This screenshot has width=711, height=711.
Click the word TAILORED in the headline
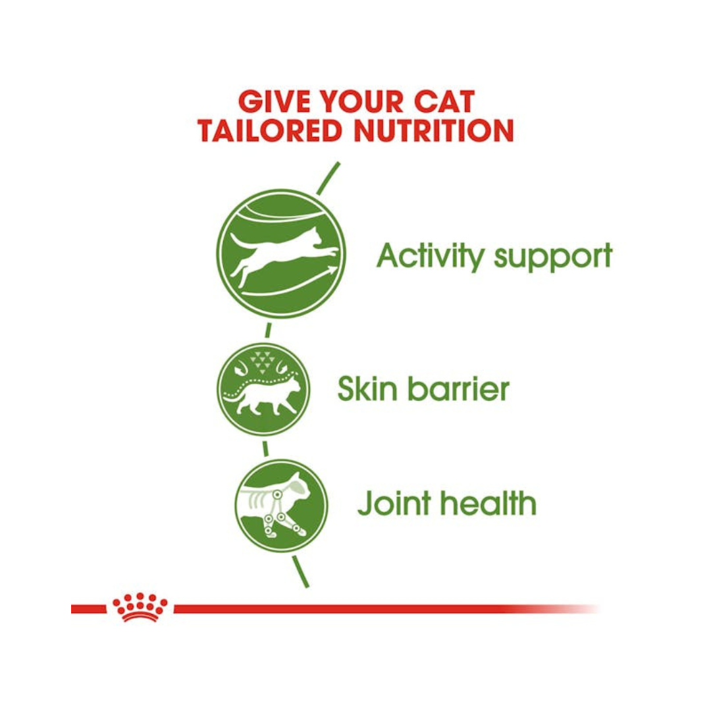[x=270, y=130]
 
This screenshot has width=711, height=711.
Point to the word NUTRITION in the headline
[x=433, y=130]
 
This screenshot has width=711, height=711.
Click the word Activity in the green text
[x=431, y=257]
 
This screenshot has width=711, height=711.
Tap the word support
[x=553, y=257]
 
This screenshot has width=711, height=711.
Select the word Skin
[x=367, y=388]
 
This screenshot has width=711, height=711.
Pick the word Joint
[x=394, y=503]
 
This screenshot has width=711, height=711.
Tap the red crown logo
[x=140, y=607]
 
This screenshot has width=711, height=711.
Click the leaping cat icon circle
[x=281, y=253]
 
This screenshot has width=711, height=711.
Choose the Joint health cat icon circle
[x=281, y=506]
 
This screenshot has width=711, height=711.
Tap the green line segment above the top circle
[x=327, y=178]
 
